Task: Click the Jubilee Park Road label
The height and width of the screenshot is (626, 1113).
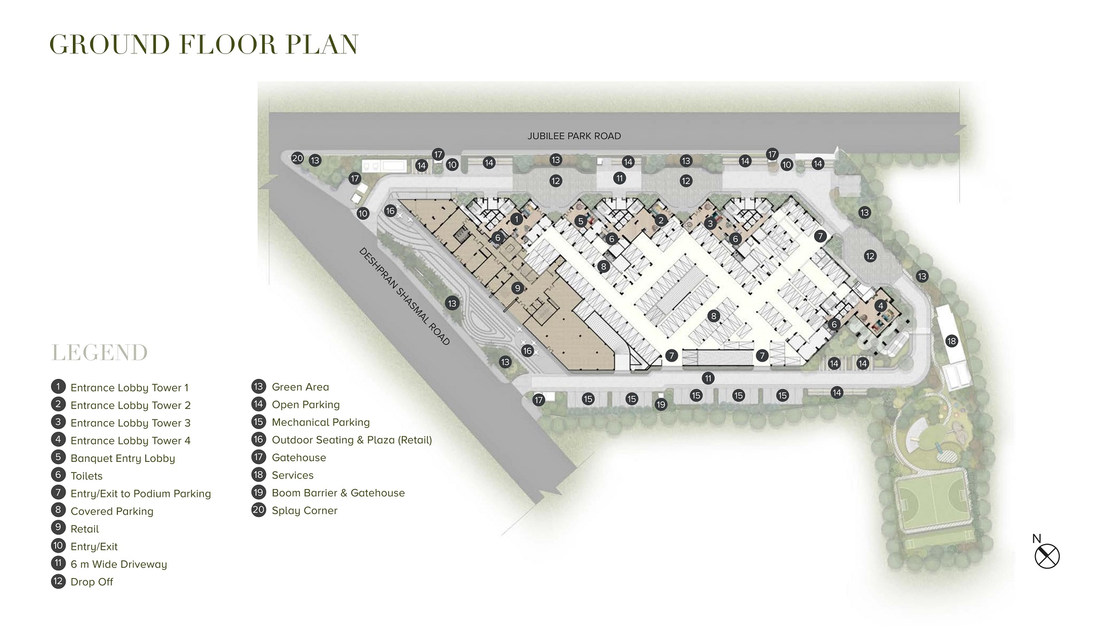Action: pos(574,136)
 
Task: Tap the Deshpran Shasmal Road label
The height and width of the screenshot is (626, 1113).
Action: pos(405,297)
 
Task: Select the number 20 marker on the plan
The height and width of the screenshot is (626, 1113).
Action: pos(298,158)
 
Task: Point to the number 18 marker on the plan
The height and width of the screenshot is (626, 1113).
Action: pos(951,341)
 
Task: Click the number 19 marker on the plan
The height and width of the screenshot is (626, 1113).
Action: pos(661,405)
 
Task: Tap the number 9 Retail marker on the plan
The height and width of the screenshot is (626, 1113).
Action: pos(518,288)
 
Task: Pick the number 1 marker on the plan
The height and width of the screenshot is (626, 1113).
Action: pos(516,219)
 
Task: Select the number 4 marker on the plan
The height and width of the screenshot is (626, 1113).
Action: pos(880,305)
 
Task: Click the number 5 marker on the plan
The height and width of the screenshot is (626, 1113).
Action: pos(580,221)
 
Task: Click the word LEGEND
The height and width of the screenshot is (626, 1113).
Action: pos(100,353)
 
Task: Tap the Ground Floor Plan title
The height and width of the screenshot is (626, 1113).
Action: pos(204,45)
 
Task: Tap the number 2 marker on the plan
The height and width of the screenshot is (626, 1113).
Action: pos(661,220)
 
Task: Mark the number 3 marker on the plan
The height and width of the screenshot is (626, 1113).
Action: pos(710,224)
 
